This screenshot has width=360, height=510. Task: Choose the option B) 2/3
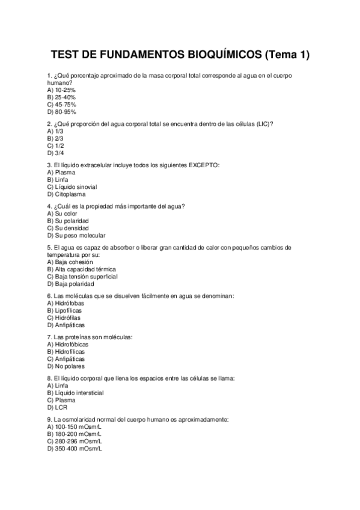coord(55,138)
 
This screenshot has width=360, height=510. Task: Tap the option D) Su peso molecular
coord(76,235)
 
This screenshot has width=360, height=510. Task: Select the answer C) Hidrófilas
coord(64,318)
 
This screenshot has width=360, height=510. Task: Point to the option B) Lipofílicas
coord(66,310)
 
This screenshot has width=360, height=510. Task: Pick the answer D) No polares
coord(66,366)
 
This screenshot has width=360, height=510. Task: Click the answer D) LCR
coord(56,407)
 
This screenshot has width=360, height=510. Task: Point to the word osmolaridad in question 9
coord(79,419)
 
